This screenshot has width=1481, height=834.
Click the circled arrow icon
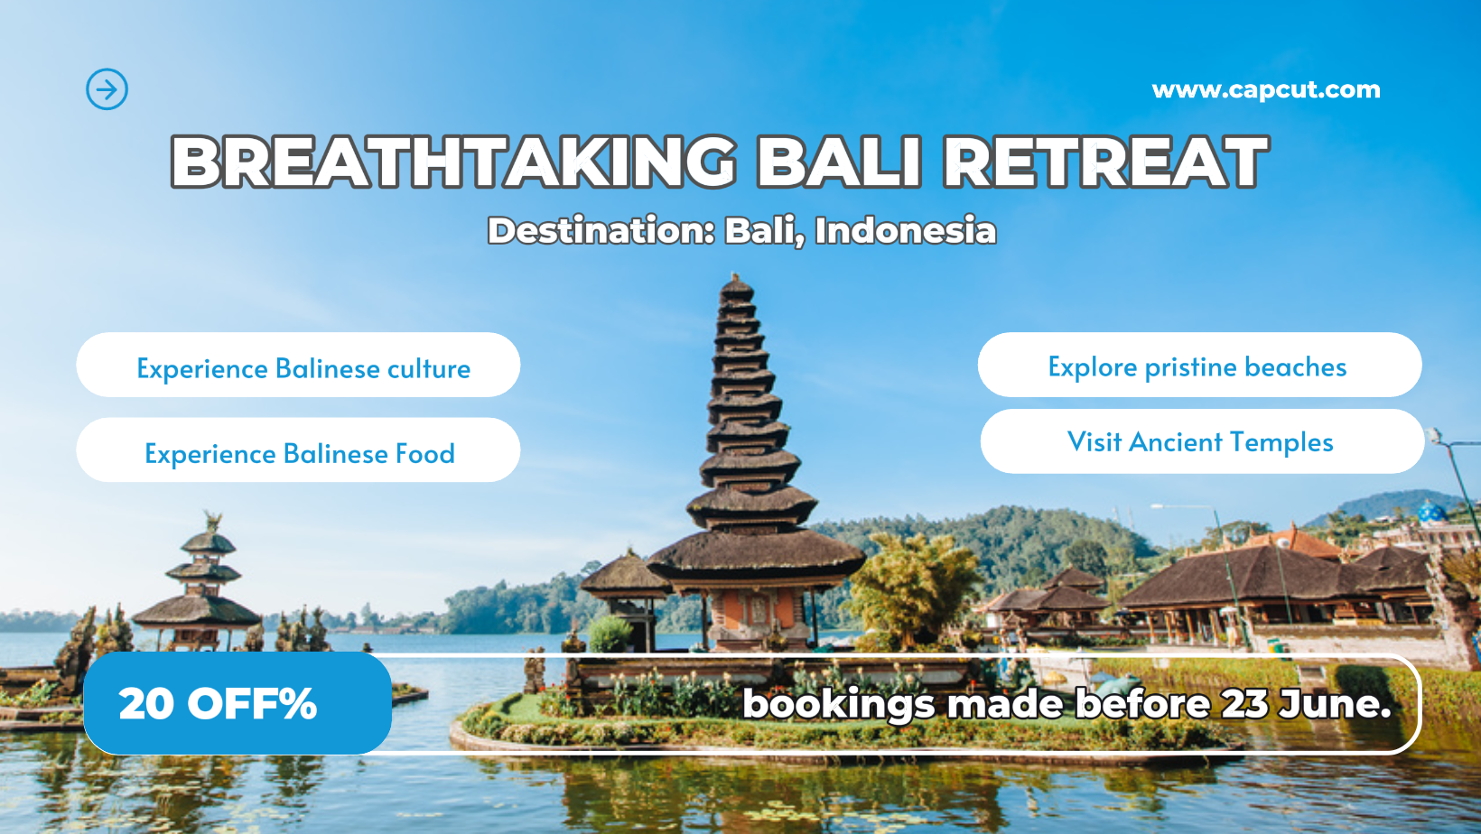(x=107, y=89)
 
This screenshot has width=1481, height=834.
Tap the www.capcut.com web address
(x=1266, y=90)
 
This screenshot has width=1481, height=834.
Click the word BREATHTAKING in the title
(x=453, y=162)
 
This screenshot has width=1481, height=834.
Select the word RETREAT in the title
(x=1106, y=162)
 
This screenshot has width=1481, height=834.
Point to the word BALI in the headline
(x=839, y=162)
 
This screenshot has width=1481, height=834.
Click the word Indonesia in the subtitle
(x=905, y=231)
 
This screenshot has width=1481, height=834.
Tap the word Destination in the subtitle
(x=601, y=231)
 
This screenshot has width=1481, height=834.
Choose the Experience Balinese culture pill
(x=298, y=365)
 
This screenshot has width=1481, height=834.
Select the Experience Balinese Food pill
(x=298, y=449)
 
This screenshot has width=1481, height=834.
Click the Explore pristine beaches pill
(x=1199, y=365)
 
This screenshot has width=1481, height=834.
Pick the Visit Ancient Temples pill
(x=1202, y=440)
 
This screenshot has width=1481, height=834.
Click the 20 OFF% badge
(x=238, y=703)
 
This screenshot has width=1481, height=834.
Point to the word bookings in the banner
(x=838, y=705)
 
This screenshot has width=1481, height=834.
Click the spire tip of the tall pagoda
(x=734, y=274)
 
